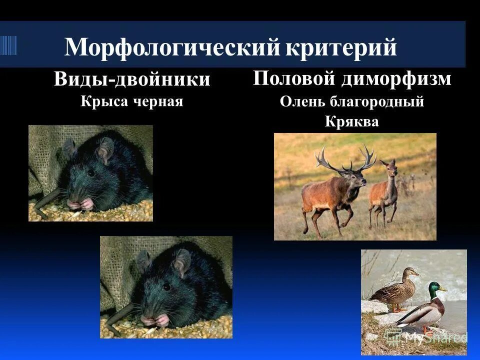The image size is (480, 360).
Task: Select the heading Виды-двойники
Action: (x=132, y=80)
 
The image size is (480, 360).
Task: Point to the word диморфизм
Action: (x=397, y=79)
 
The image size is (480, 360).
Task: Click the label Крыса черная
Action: (x=132, y=101)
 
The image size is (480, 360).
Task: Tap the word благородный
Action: (x=377, y=102)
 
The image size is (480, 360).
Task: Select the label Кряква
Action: (x=351, y=121)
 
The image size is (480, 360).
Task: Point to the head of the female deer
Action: (x=389, y=167)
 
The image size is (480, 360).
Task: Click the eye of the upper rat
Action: (x=90, y=173)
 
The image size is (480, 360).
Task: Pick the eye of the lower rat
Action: (x=165, y=286)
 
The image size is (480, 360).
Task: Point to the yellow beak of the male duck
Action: (x=444, y=289)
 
